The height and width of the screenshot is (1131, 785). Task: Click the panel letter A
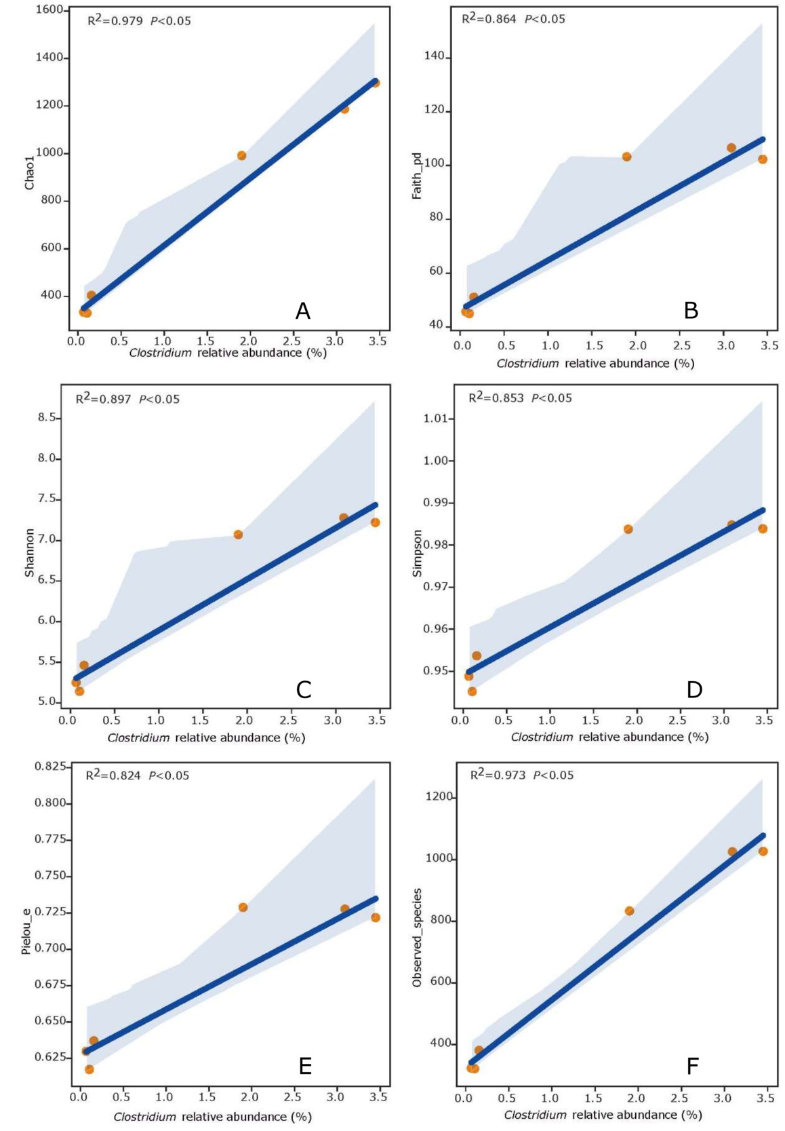[302, 311]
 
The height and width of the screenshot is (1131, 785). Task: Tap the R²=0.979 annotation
[115, 21]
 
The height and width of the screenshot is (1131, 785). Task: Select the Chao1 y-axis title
[29, 171]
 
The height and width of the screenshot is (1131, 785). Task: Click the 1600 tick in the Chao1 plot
[49, 10]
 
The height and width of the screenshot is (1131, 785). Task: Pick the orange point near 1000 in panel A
[241, 155]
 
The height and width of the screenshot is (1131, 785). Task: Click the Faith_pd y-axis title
[417, 176]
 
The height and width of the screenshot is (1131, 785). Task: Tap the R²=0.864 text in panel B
[489, 19]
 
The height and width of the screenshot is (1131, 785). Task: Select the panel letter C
[303, 689]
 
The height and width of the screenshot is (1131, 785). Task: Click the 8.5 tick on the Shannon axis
[47, 417]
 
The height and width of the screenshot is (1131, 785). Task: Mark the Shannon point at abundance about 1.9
[238, 535]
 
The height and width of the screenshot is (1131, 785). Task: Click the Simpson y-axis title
[417, 554]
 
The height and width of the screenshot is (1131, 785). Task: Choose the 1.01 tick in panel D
[436, 418]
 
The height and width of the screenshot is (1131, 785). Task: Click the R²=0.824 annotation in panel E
[113, 775]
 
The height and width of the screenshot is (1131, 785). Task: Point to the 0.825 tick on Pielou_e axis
[51, 766]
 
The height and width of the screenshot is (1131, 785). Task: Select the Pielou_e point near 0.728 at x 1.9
[243, 907]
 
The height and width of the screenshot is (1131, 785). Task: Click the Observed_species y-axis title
[417, 937]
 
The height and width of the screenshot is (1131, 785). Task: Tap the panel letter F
[692, 1067]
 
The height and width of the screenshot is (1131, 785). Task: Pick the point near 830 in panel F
[629, 911]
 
